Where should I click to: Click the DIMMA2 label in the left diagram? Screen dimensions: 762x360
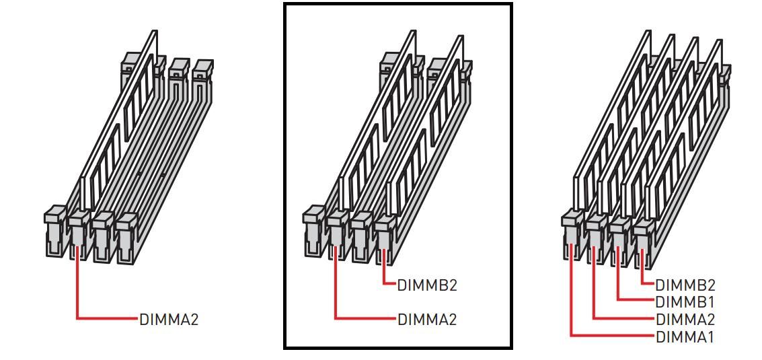[x=169, y=320]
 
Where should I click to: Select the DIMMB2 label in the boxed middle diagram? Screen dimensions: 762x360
[x=427, y=285]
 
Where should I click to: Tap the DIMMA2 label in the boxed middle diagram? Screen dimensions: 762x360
[x=427, y=320]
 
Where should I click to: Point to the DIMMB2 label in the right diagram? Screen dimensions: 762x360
[x=685, y=285]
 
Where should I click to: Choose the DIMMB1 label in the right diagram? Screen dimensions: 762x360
[x=685, y=301]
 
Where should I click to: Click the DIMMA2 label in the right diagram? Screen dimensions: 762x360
[x=685, y=320]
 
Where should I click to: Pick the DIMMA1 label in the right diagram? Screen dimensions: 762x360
[x=685, y=336]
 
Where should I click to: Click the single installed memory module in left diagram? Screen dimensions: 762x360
[x=118, y=122]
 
